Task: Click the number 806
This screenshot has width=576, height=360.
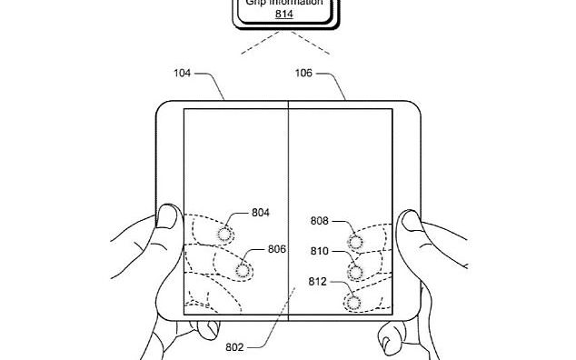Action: click(x=278, y=249)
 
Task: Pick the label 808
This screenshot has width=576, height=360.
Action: click(x=320, y=220)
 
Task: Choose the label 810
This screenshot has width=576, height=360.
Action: click(x=320, y=250)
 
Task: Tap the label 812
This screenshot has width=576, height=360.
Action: click(x=320, y=280)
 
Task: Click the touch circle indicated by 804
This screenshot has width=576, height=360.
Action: click(x=223, y=235)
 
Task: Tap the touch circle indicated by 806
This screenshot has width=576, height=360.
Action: click(x=242, y=270)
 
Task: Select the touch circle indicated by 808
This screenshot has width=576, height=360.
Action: click(x=355, y=242)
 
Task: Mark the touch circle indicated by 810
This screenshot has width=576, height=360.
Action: click(x=355, y=272)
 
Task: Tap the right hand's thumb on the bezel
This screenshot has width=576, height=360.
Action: click(x=411, y=220)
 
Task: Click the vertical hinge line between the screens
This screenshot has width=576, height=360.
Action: click(x=289, y=182)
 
